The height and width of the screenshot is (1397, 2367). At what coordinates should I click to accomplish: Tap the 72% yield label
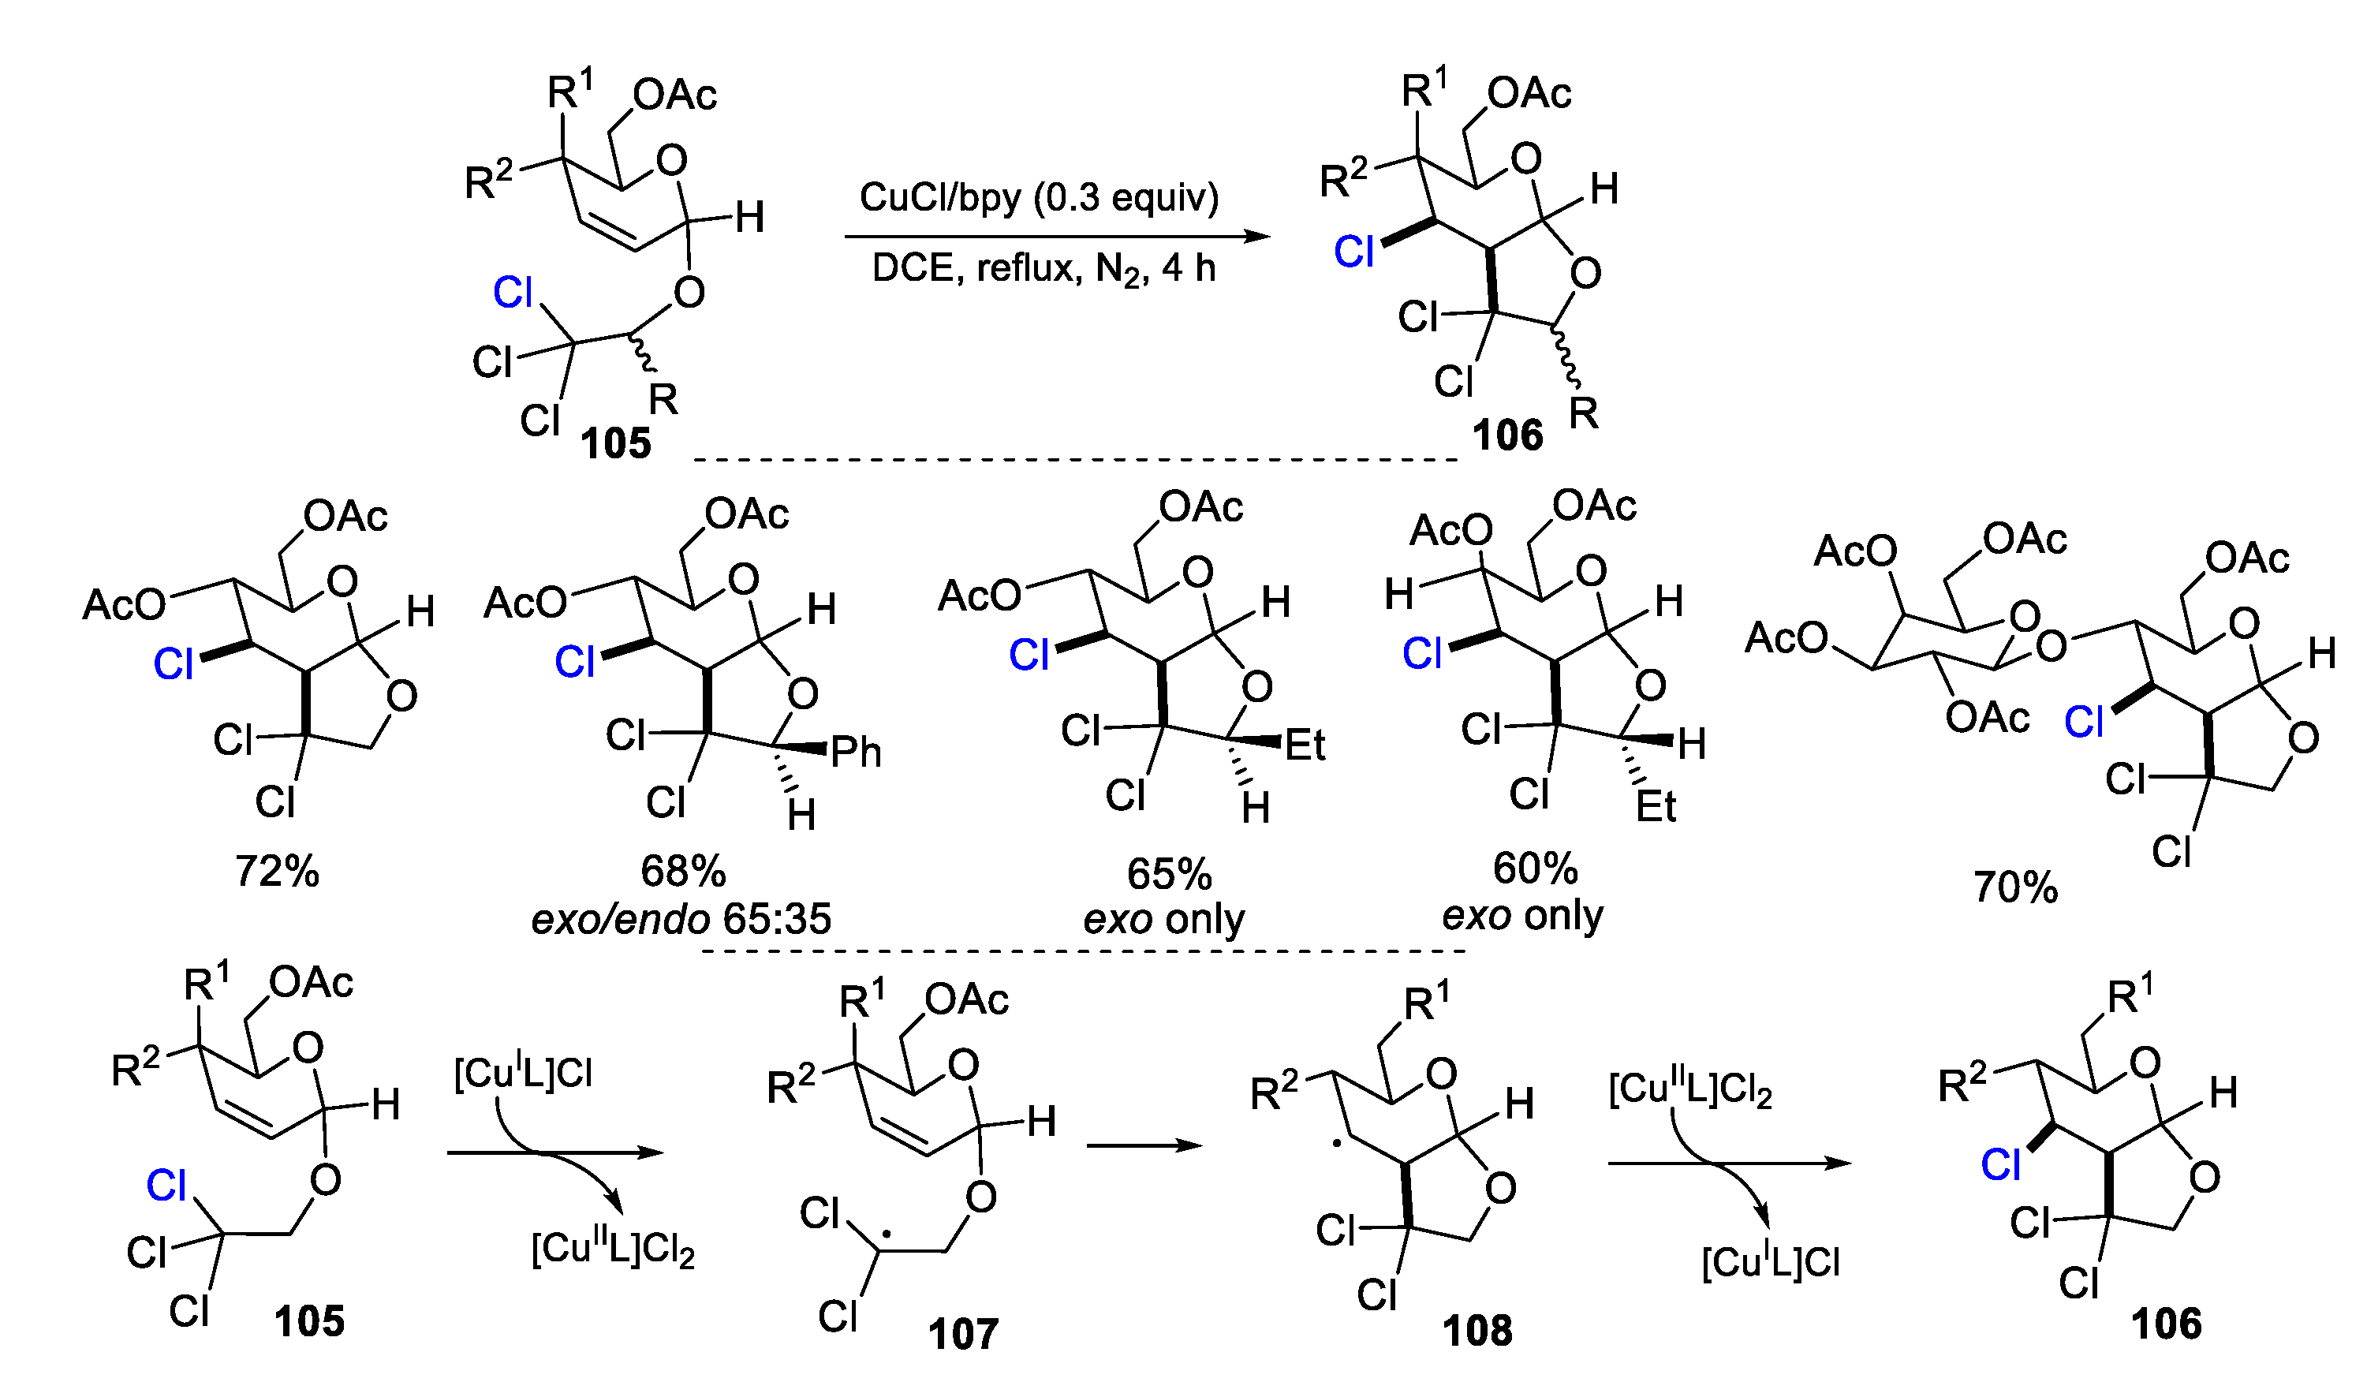(x=277, y=872)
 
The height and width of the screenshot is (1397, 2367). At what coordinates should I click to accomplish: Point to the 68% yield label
(x=682, y=871)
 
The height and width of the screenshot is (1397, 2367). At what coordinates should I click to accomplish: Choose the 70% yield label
(x=2015, y=887)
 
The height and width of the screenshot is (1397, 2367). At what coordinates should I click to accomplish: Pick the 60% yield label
(x=1535, y=868)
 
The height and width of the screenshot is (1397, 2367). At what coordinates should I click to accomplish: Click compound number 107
(x=963, y=1334)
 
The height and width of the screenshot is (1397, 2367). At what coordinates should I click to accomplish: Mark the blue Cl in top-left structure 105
(x=513, y=293)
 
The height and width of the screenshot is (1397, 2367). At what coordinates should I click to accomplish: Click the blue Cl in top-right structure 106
(x=1354, y=252)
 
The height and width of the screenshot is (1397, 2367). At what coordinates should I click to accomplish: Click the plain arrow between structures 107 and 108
(x=1144, y=1145)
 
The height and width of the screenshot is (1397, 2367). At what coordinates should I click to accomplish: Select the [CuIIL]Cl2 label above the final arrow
(x=1690, y=1090)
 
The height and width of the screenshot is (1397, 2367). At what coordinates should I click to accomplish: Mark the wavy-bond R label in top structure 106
(x=1584, y=413)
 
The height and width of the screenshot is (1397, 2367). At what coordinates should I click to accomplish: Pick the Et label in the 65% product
(x=1305, y=745)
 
